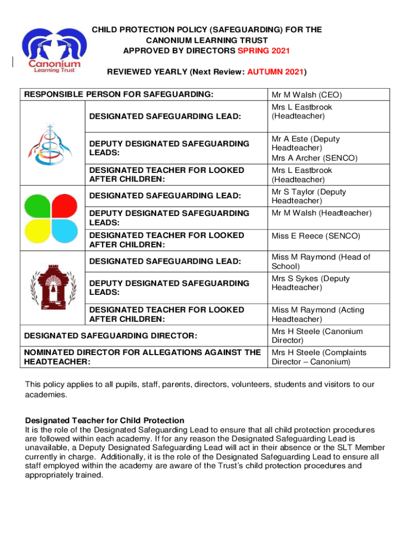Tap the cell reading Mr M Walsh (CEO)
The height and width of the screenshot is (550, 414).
[x=306, y=95]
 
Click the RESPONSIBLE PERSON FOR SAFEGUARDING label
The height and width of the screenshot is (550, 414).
[x=119, y=95]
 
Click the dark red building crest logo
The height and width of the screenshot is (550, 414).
[x=52, y=288]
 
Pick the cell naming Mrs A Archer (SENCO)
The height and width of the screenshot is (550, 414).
[x=306, y=158]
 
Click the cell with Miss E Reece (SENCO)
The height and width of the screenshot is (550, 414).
[x=316, y=236]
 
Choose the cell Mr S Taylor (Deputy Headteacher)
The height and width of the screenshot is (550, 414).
[x=309, y=196]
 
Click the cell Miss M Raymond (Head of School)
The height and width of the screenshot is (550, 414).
[x=320, y=262]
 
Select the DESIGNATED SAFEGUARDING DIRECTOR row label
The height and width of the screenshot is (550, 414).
[x=111, y=336]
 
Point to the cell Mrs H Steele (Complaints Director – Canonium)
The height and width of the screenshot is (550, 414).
[x=318, y=357]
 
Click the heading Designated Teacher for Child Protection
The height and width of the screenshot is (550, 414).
[x=105, y=420]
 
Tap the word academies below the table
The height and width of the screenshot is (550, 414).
[x=46, y=395]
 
